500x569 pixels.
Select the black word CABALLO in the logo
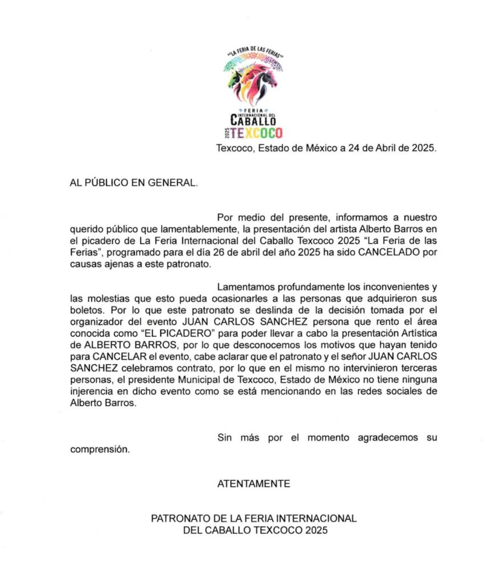[253, 120]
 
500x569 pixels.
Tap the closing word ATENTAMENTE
[253, 484]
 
